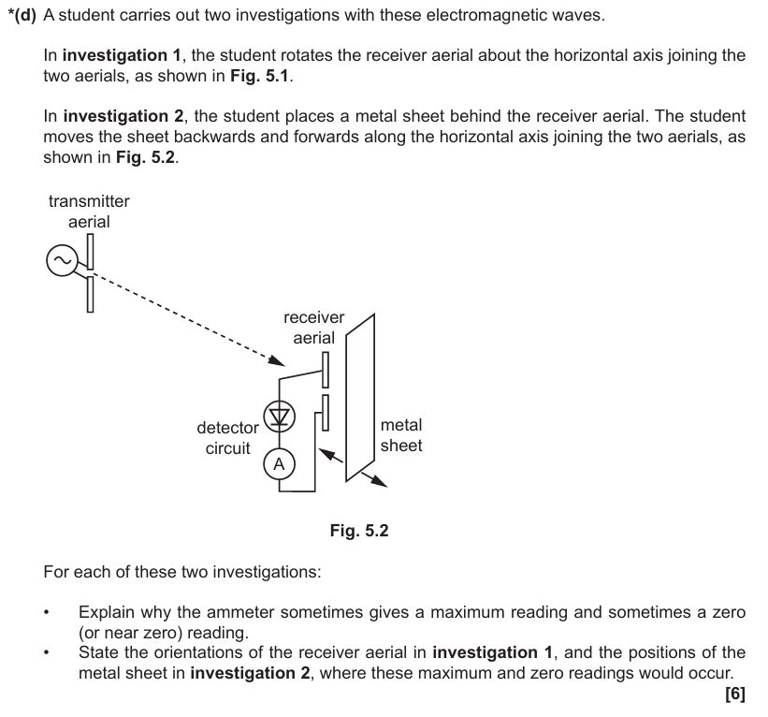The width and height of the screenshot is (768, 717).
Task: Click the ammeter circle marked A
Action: click(x=279, y=464)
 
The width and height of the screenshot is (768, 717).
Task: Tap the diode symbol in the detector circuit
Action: click(x=279, y=416)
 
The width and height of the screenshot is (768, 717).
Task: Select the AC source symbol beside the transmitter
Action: click(x=62, y=263)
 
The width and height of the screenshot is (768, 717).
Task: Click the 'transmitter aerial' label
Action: click(x=89, y=212)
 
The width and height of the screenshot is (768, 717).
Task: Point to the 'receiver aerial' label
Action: click(x=313, y=328)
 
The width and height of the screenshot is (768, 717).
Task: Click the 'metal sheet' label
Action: click(x=401, y=435)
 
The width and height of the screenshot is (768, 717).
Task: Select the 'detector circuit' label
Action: click(x=227, y=438)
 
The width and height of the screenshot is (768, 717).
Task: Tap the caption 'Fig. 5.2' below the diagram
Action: click(x=358, y=531)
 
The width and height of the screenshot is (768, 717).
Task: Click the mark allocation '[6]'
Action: click(x=734, y=694)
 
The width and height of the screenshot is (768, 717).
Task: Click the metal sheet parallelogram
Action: click(x=359, y=394)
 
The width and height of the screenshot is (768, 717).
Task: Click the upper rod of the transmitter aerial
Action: click(x=91, y=250)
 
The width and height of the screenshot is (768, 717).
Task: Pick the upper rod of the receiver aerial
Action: click(x=325, y=370)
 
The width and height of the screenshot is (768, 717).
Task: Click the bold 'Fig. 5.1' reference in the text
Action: click(x=260, y=76)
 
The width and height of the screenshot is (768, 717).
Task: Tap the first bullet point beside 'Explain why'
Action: click(x=47, y=613)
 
